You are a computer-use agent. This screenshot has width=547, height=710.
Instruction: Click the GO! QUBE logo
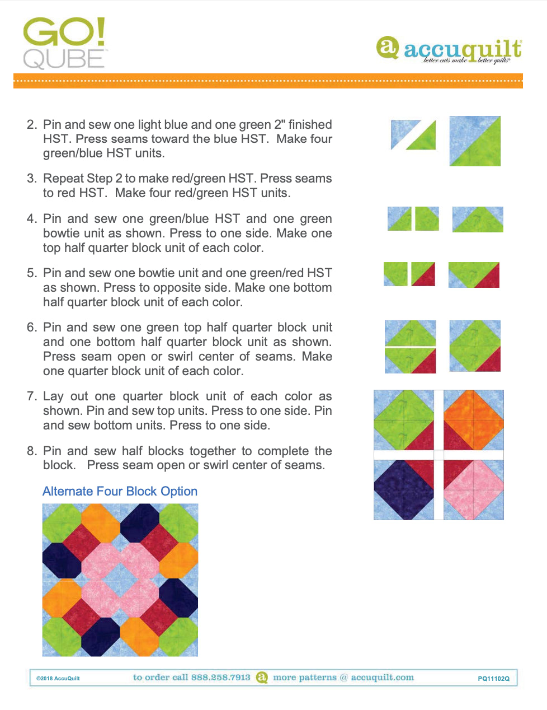64,44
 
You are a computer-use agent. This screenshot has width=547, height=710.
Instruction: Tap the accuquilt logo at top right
449,50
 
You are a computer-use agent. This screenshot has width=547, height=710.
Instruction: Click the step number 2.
31,124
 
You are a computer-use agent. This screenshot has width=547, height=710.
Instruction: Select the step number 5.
31,273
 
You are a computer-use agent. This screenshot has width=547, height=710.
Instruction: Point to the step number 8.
31,451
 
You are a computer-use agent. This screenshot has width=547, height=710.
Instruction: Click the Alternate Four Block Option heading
120,491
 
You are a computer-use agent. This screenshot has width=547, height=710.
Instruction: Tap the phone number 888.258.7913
220,678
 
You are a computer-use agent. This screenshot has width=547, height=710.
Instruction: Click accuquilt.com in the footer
383,678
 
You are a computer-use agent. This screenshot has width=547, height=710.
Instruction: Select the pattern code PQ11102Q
493,679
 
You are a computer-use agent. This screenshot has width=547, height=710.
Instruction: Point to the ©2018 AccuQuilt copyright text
58,679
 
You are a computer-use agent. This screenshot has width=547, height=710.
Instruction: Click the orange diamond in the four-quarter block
474,419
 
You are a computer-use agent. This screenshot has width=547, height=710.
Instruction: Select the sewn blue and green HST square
475,141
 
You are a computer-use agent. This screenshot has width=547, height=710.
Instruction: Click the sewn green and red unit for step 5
474,275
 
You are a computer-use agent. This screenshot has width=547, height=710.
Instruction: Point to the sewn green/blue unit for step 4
478,219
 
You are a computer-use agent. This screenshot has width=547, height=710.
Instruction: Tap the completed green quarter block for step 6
475,346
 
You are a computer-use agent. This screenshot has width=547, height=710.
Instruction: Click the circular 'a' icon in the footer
262,678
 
